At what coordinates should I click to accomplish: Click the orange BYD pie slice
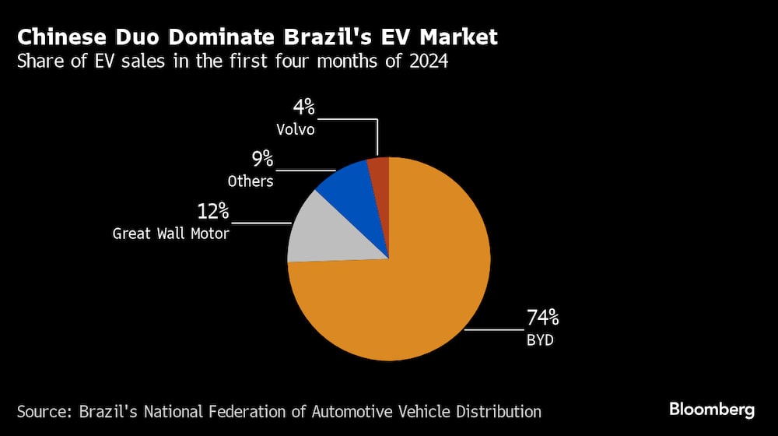pyautogui.click(x=405, y=288)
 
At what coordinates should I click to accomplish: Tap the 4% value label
pyautogui.click(x=303, y=108)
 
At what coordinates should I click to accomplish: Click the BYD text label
pyautogui.click(x=540, y=340)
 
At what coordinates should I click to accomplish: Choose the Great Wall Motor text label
pyautogui.click(x=171, y=233)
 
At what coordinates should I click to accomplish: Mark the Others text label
pyautogui.click(x=251, y=181)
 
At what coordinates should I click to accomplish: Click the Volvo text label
pyautogui.click(x=296, y=129)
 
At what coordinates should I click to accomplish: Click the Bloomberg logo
pyautogui.click(x=712, y=409)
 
